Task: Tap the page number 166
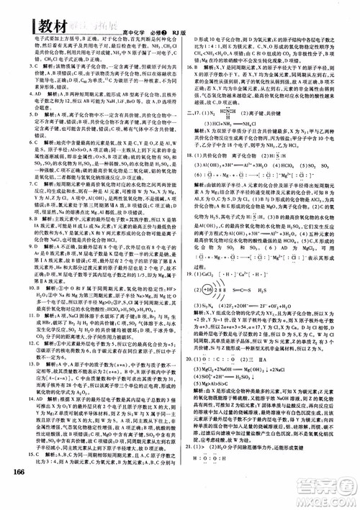[25, 491]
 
